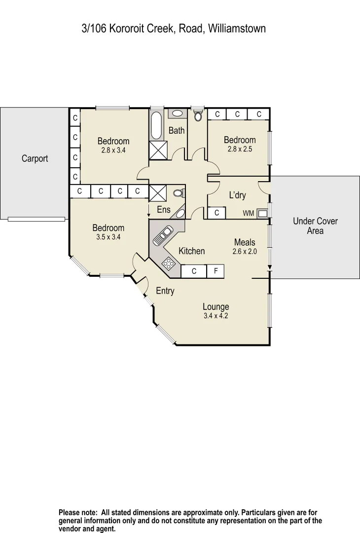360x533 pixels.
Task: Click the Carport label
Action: pos(35,158)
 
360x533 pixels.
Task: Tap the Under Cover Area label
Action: pos(315,226)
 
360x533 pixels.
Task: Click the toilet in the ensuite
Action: pos(179,192)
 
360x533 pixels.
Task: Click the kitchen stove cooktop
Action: pos(169,264)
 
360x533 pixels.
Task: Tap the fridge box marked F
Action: pos(215,271)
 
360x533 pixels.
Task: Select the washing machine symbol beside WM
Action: pos(262,213)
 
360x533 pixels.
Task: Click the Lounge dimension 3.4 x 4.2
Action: pos(216,316)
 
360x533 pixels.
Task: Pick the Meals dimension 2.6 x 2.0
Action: pos(245,251)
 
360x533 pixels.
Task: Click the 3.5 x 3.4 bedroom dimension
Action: pos(108,237)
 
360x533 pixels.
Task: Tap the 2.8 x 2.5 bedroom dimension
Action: pos(240,149)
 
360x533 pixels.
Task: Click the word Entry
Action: pos(165,291)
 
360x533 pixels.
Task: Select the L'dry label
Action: pos(237,195)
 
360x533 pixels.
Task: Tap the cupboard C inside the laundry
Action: pos(216,213)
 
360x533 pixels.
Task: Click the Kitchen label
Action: pos(191,251)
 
